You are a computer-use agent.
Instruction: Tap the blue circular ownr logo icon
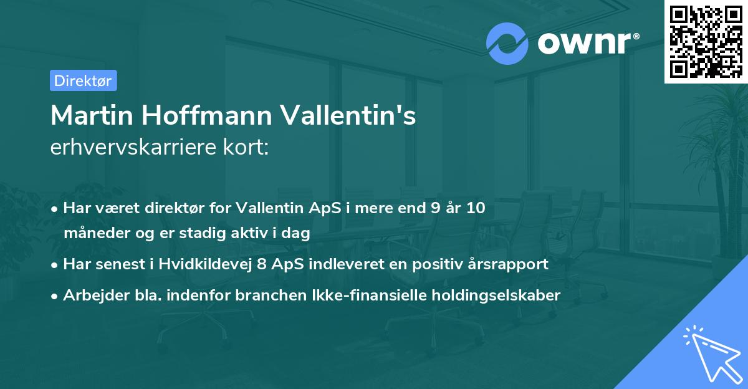(507, 43)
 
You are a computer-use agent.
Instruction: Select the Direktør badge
(83, 80)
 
